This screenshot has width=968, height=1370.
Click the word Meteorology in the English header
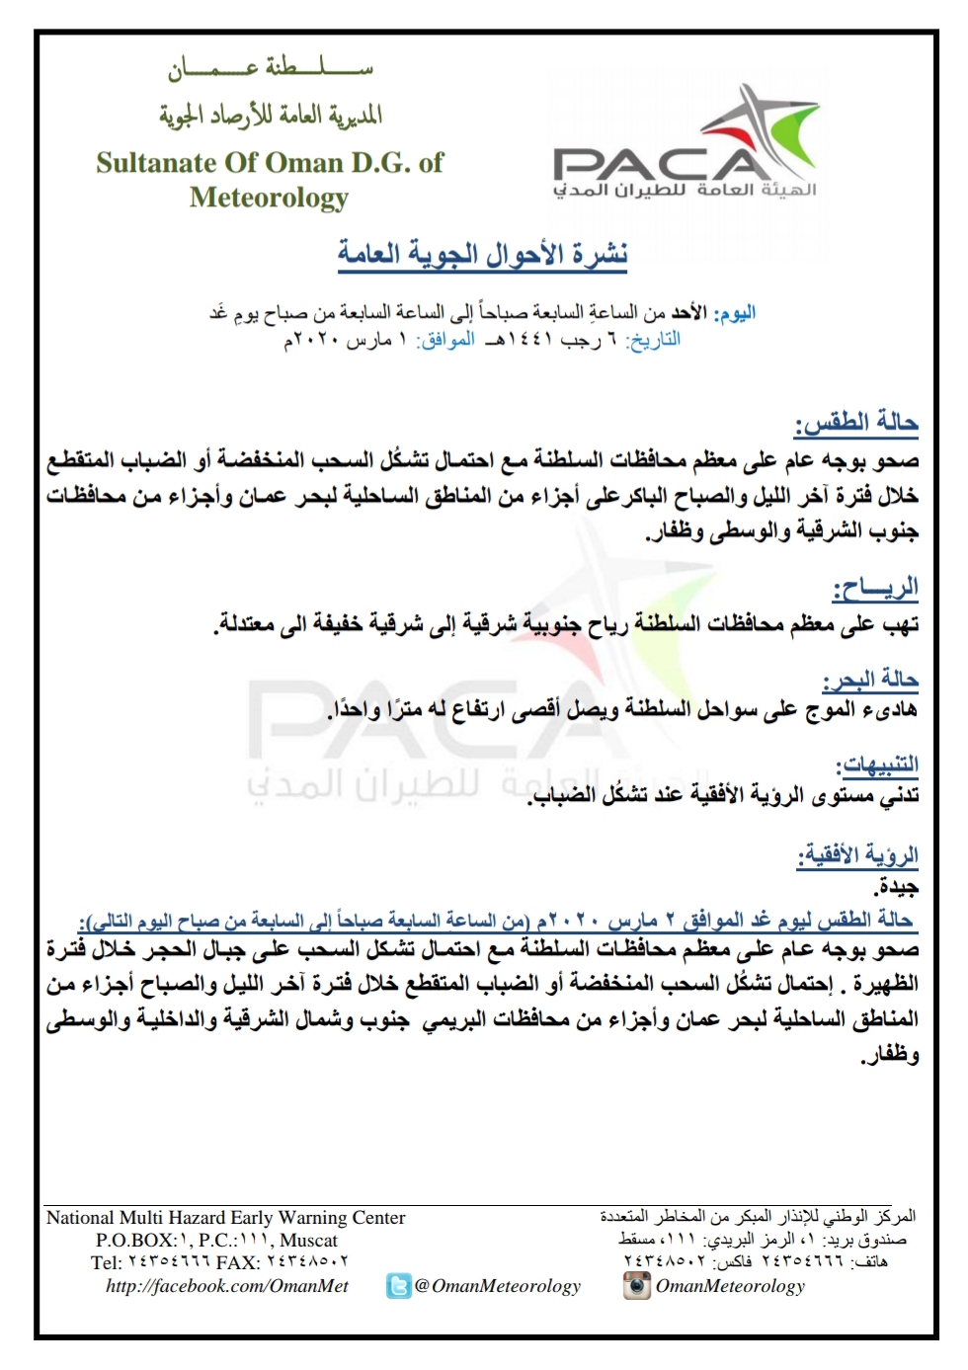[269, 198]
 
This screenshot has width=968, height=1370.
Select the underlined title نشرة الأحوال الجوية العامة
[483, 254]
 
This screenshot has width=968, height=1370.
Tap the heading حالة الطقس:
[856, 424]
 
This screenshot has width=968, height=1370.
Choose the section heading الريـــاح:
[875, 590]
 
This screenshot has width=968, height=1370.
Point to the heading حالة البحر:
[870, 680]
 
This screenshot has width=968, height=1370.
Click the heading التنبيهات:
[877, 765]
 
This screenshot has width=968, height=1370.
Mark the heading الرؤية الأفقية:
[858, 854]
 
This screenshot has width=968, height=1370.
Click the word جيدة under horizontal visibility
[897, 887]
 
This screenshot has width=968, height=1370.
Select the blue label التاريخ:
[654, 340]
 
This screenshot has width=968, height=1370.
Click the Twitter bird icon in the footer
[398, 1286]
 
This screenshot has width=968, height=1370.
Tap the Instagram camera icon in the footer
[637, 1285]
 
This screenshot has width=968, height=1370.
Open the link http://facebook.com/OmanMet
[227, 1286]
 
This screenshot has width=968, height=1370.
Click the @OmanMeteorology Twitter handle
[497, 1286]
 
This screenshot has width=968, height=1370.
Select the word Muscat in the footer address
[308, 1241]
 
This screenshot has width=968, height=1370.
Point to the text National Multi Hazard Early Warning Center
[225, 1218]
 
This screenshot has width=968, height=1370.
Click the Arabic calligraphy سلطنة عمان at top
[271, 68]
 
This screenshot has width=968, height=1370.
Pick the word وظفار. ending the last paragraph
[889, 1055]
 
